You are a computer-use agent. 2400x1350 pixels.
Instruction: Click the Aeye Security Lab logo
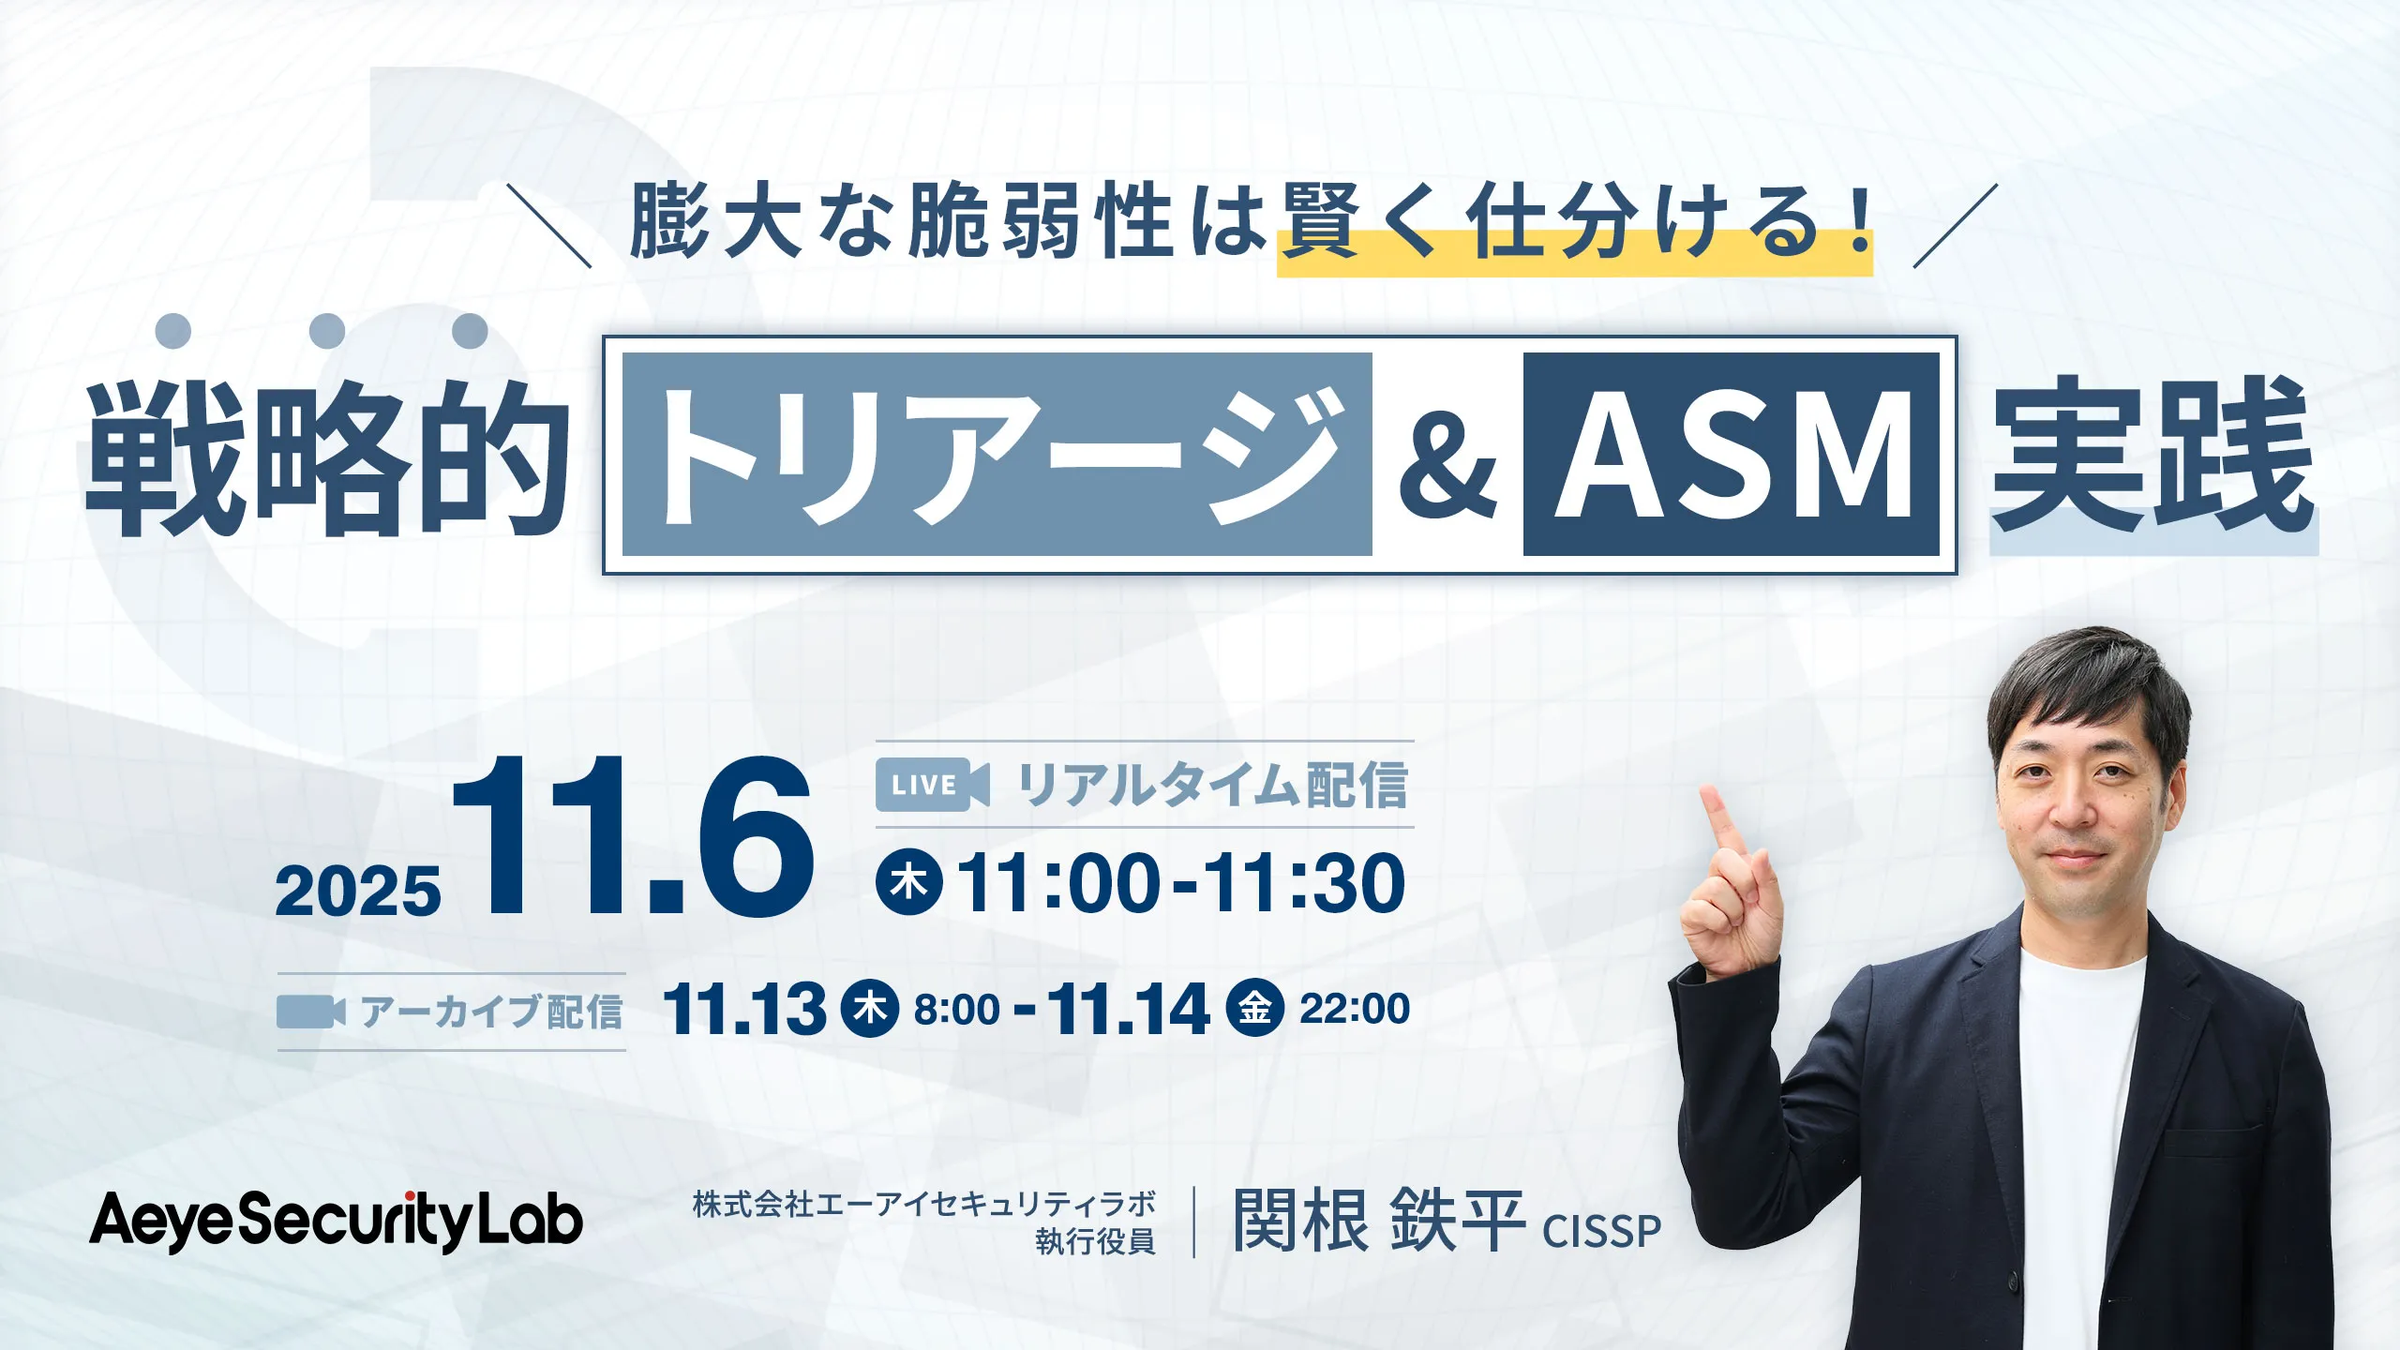tap(336, 1222)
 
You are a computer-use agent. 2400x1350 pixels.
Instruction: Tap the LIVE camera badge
tap(932, 785)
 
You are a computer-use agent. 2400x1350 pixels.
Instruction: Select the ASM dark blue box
tap(1731, 455)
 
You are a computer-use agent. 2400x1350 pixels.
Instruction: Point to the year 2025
tap(358, 892)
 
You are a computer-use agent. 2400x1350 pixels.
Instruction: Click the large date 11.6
tap(634, 835)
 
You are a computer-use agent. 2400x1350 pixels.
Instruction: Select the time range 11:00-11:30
tap(1181, 883)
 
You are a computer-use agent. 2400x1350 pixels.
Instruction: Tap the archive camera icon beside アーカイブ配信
tap(310, 1012)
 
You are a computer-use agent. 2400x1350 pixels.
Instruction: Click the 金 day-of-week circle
tap(1254, 1008)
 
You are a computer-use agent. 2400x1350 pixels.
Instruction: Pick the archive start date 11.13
tap(744, 1010)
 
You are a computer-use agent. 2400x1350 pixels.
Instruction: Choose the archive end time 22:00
tap(1355, 1009)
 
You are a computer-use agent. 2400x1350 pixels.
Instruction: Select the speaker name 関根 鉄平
tap(1379, 1221)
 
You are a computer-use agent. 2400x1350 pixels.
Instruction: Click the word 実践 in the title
tap(2152, 456)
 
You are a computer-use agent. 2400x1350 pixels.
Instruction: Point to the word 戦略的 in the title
tap(328, 457)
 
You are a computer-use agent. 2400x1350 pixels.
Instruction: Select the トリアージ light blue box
tap(997, 455)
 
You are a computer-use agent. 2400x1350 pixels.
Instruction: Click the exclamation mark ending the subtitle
tap(1855, 221)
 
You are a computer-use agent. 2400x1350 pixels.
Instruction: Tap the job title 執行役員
tap(1095, 1241)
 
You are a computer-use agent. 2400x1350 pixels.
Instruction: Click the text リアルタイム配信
tap(1212, 786)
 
